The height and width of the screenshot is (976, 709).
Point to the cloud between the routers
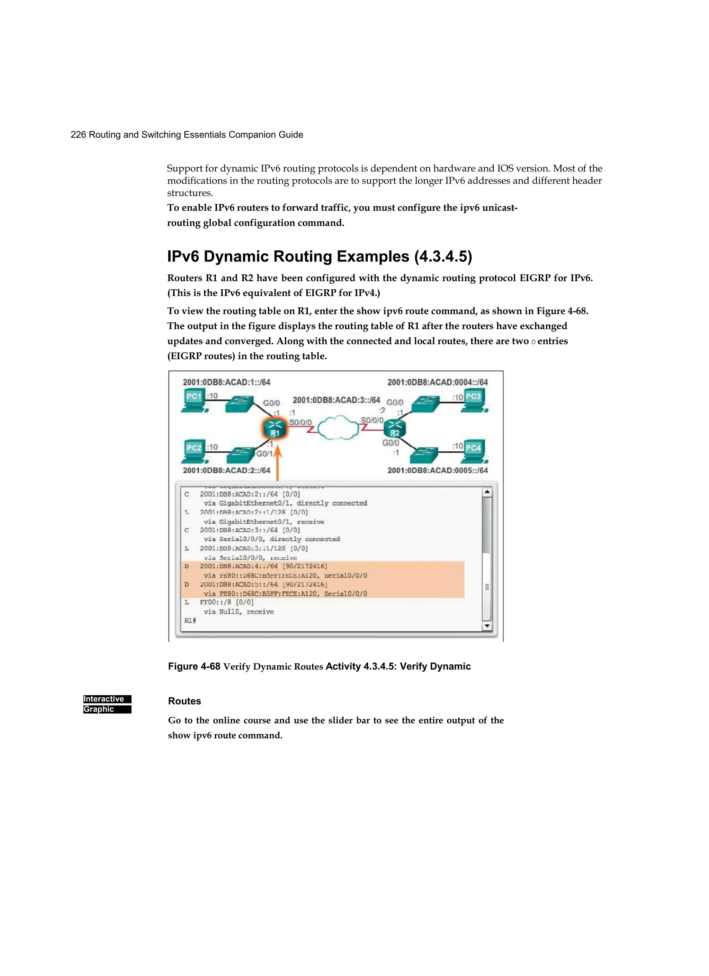338,428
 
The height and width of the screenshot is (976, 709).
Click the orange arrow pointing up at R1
278,463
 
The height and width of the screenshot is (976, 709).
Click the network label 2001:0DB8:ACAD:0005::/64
438,470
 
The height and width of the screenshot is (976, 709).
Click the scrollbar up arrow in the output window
487,492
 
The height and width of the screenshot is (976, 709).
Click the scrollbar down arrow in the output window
487,626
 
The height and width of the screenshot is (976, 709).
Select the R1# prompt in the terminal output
190,621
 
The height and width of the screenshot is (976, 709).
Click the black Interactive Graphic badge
107,704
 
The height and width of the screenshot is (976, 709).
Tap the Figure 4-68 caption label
194,666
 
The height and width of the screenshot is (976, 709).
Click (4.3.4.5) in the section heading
443,257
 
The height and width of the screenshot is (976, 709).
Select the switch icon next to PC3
425,405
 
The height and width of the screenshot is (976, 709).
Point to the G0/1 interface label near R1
264,454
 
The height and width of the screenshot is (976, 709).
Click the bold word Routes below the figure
185,701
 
